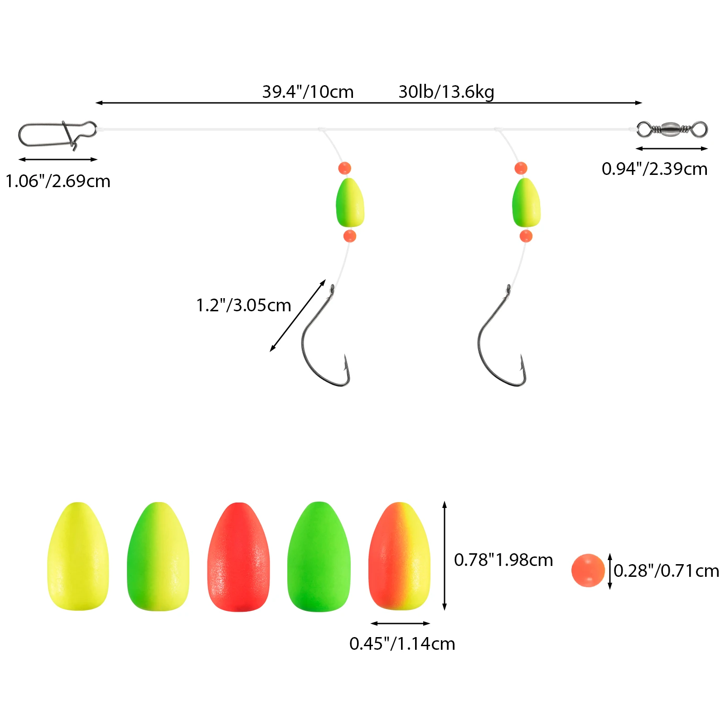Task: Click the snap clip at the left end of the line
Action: tap(57, 134)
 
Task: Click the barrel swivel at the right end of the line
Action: tap(672, 129)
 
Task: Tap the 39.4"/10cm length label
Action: tap(308, 92)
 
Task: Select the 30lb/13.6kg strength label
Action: tap(446, 92)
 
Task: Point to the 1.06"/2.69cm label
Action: tap(58, 181)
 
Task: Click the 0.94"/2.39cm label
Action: tap(654, 169)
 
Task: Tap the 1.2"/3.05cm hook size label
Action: tap(243, 305)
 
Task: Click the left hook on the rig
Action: tap(324, 344)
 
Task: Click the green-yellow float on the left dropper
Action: tap(350, 203)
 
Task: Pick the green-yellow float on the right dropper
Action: tap(526, 203)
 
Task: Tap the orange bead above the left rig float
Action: tap(344, 168)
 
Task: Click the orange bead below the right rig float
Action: tap(526, 236)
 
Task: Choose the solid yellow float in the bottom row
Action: tap(78, 556)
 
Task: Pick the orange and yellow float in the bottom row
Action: tap(399, 556)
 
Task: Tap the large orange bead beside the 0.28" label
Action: tap(588, 570)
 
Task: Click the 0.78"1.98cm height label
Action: tap(503, 561)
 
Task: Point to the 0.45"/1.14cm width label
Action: tap(402, 644)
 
